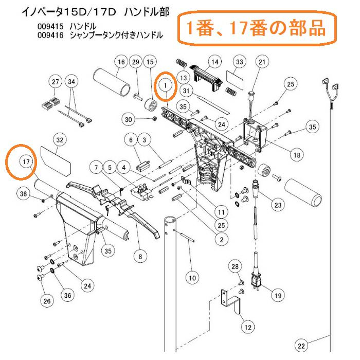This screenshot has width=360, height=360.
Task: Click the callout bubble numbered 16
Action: [x=121, y=62]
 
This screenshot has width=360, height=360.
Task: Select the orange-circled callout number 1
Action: [x=166, y=84]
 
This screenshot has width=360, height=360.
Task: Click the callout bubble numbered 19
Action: [x=277, y=295]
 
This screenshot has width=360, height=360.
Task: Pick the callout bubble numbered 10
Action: [x=191, y=278]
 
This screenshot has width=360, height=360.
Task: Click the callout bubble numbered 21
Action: [x=262, y=62]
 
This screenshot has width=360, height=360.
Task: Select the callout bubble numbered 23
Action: [x=278, y=205]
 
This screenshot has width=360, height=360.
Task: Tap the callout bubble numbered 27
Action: [x=56, y=82]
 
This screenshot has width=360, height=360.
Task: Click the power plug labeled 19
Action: [x=256, y=281]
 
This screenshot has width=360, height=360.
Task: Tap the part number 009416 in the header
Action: [x=50, y=35]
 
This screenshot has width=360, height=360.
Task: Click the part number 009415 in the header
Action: [x=50, y=26]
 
